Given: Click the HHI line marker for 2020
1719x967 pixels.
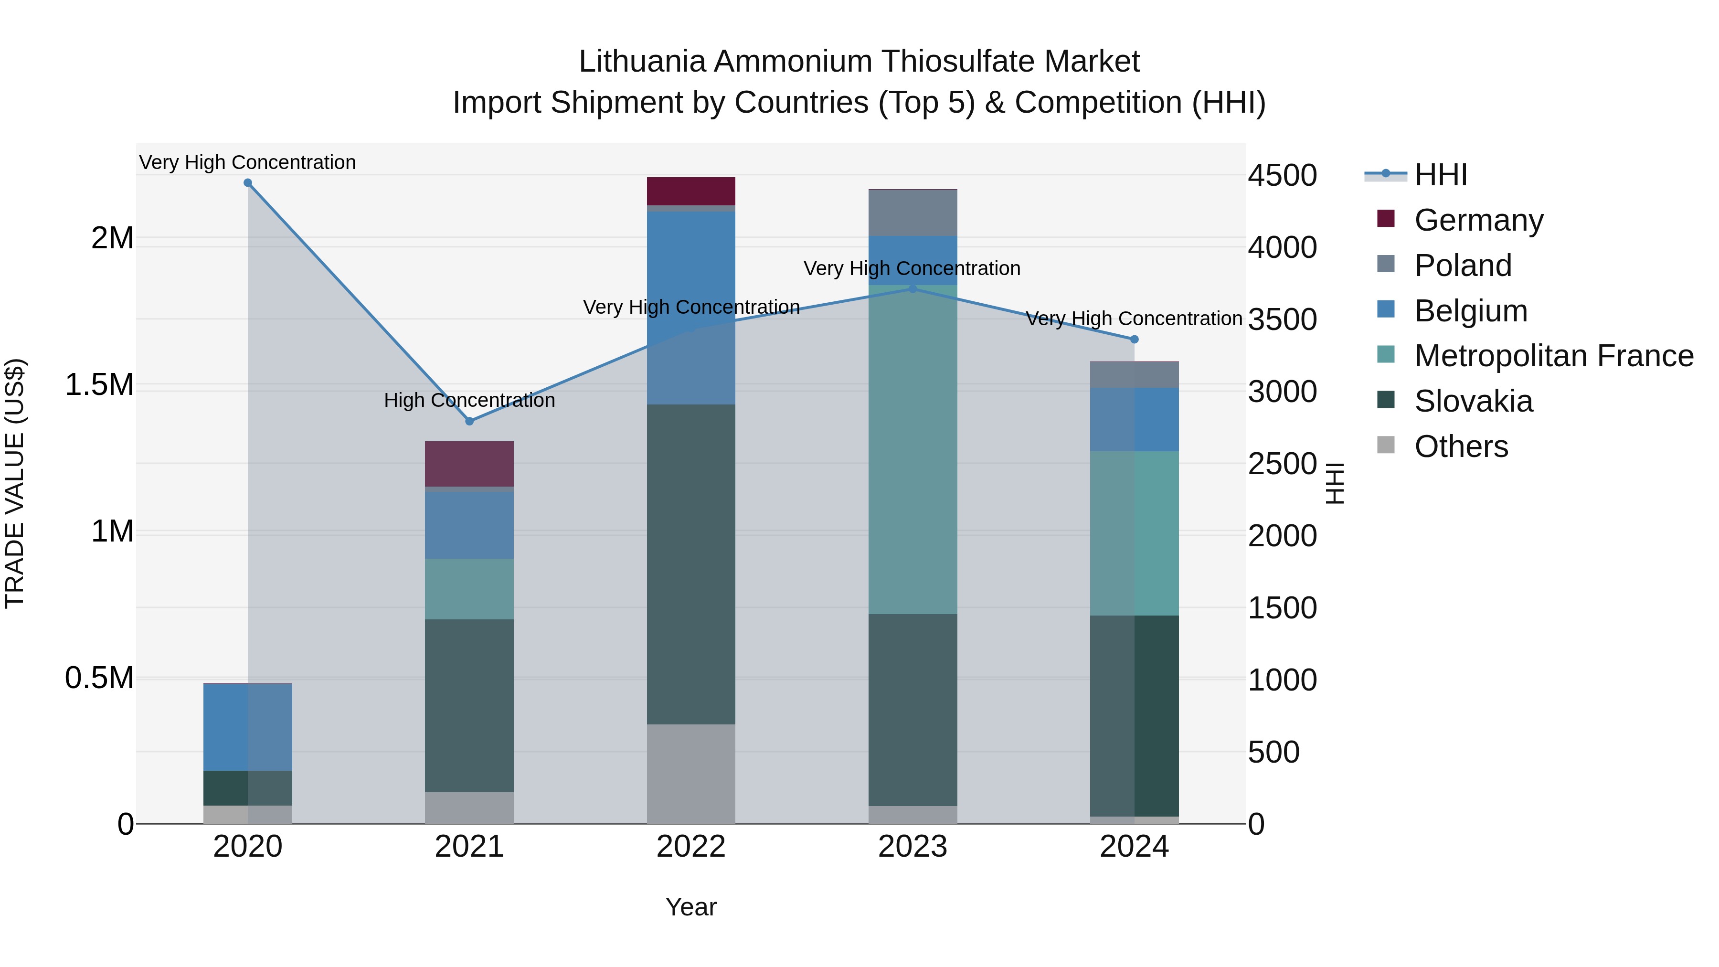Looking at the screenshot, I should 247,183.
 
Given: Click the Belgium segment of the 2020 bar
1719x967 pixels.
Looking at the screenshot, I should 247,727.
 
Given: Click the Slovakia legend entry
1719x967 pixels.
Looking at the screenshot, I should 1474,401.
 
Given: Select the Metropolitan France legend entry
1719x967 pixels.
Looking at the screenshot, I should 1553,356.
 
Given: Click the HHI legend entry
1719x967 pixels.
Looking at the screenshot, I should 1440,175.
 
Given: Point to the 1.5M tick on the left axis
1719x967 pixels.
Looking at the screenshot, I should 99,385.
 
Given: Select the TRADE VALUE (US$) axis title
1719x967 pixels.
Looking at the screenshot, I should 15,483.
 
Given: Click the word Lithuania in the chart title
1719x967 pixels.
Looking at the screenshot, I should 641,62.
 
